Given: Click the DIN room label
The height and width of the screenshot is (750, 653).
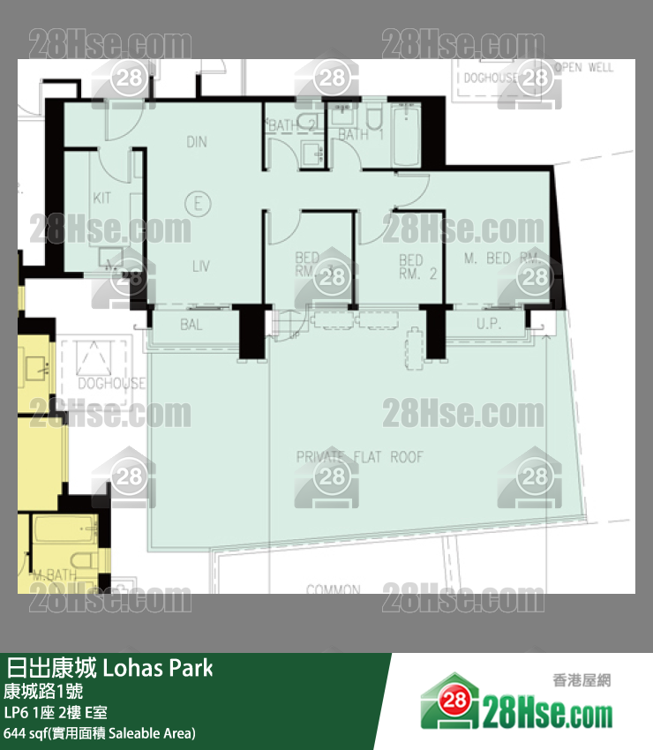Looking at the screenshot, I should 197,142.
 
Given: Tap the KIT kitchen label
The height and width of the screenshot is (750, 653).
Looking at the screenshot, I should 102,198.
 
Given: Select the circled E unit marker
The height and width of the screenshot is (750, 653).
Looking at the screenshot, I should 199,204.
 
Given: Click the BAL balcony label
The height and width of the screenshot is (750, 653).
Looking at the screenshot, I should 191,325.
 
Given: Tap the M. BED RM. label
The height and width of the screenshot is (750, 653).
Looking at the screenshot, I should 501,258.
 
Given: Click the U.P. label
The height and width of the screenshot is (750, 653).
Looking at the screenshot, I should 488,325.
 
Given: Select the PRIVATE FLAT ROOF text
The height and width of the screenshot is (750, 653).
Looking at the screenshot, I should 359,457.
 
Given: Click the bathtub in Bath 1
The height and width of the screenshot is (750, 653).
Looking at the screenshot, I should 408,137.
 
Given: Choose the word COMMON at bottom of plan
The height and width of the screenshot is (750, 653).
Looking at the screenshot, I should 334,589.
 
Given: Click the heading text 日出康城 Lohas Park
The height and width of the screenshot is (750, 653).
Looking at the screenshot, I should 109,667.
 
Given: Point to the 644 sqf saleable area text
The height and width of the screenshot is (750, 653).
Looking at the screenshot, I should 100,732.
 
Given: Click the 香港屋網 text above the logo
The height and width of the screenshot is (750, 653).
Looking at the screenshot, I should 582,679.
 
